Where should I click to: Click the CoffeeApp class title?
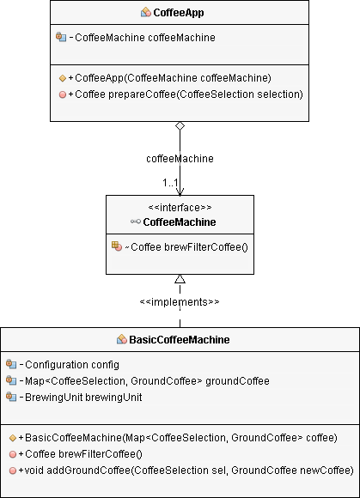click(179, 13)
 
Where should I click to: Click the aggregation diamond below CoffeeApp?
click(180, 125)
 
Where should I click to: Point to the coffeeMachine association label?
click(180, 159)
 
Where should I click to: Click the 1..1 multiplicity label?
click(170, 183)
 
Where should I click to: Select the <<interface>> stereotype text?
click(180, 208)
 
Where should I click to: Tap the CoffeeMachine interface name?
click(180, 222)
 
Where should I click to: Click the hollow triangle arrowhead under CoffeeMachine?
click(180, 279)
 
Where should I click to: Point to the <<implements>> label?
click(180, 301)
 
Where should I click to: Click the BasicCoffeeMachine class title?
click(180, 339)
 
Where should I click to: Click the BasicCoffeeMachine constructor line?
click(178, 438)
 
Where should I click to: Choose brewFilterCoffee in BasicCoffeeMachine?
click(81, 454)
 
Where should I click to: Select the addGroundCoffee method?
click(186, 471)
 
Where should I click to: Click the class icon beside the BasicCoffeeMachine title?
click(122, 339)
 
